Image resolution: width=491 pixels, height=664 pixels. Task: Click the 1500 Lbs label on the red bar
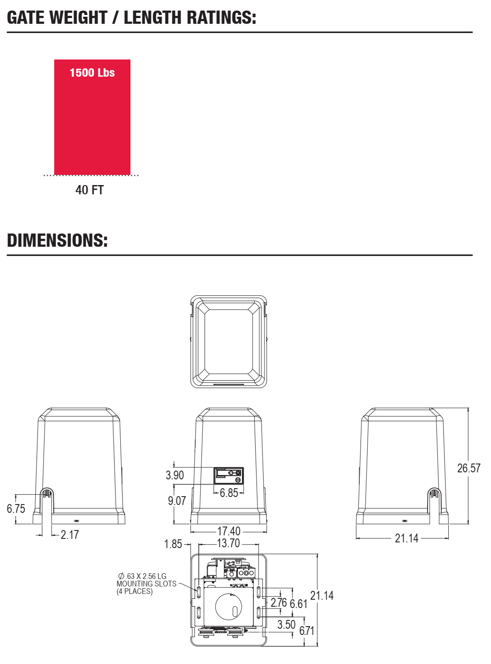[x=92, y=73]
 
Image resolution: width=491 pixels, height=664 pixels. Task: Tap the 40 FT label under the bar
[x=89, y=190]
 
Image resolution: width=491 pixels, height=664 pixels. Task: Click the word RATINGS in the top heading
[x=218, y=17]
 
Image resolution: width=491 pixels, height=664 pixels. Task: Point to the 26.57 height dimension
[x=469, y=468]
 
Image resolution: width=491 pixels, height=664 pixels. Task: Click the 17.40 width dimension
[x=229, y=531]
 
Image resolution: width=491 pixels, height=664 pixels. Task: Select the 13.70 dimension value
[x=229, y=543]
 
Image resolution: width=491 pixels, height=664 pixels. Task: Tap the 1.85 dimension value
[x=173, y=544]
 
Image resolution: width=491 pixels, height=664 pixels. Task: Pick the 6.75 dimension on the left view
[x=16, y=509]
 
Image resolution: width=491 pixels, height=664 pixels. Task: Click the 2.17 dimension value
[x=70, y=535]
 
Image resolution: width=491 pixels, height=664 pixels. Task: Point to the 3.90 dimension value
[x=175, y=475]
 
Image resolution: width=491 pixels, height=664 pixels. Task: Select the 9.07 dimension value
[x=177, y=501]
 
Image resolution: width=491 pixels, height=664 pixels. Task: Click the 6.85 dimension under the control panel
[x=229, y=493]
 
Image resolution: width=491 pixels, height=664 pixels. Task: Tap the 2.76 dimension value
[x=279, y=603]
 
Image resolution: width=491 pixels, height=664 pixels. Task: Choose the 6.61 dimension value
[x=298, y=604]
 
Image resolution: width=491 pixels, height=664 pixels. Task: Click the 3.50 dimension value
[x=286, y=625]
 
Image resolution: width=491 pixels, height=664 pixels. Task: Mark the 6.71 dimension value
[x=307, y=631]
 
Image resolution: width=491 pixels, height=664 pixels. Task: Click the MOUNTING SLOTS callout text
[x=146, y=584]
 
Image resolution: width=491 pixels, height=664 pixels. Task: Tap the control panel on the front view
[x=229, y=475]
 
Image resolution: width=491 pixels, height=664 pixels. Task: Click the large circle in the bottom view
[x=216, y=607]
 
